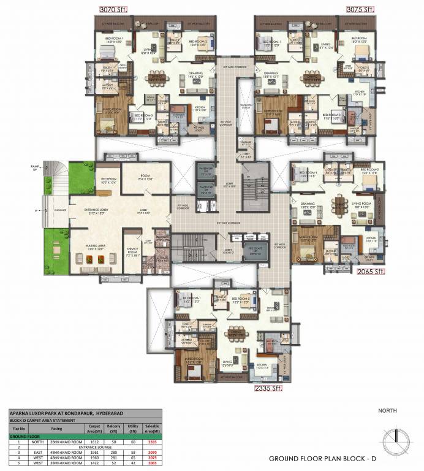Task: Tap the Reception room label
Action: pos(96,180)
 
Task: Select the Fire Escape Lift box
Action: pos(254,251)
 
